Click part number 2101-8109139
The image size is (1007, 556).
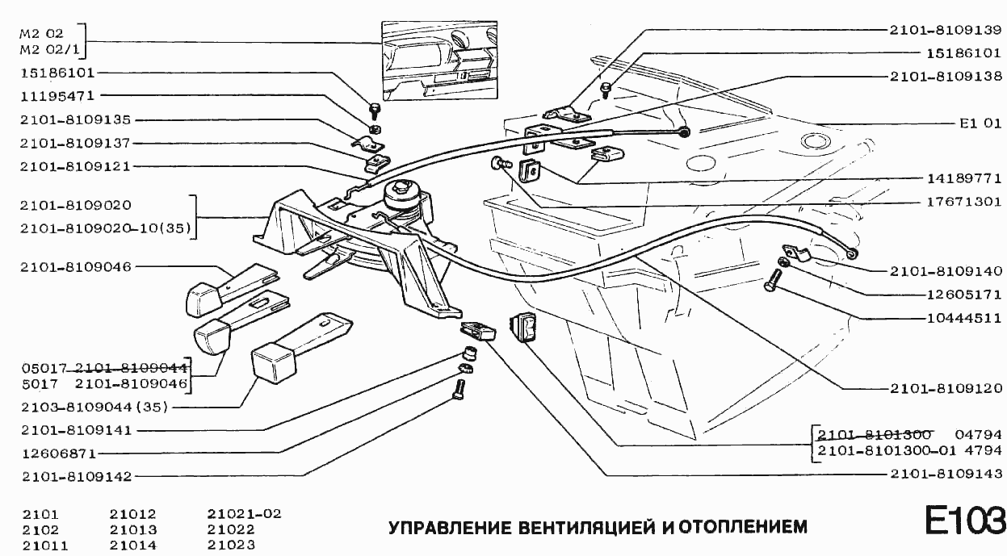coord(946,29)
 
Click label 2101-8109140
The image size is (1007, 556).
coord(946,272)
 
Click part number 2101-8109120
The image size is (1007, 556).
coord(946,388)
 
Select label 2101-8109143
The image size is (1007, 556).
coord(946,474)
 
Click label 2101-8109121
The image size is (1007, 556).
coord(76,166)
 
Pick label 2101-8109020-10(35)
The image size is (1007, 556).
coord(106,228)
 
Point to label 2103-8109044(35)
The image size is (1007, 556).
coord(94,407)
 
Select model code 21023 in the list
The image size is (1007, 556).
coord(231,546)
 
